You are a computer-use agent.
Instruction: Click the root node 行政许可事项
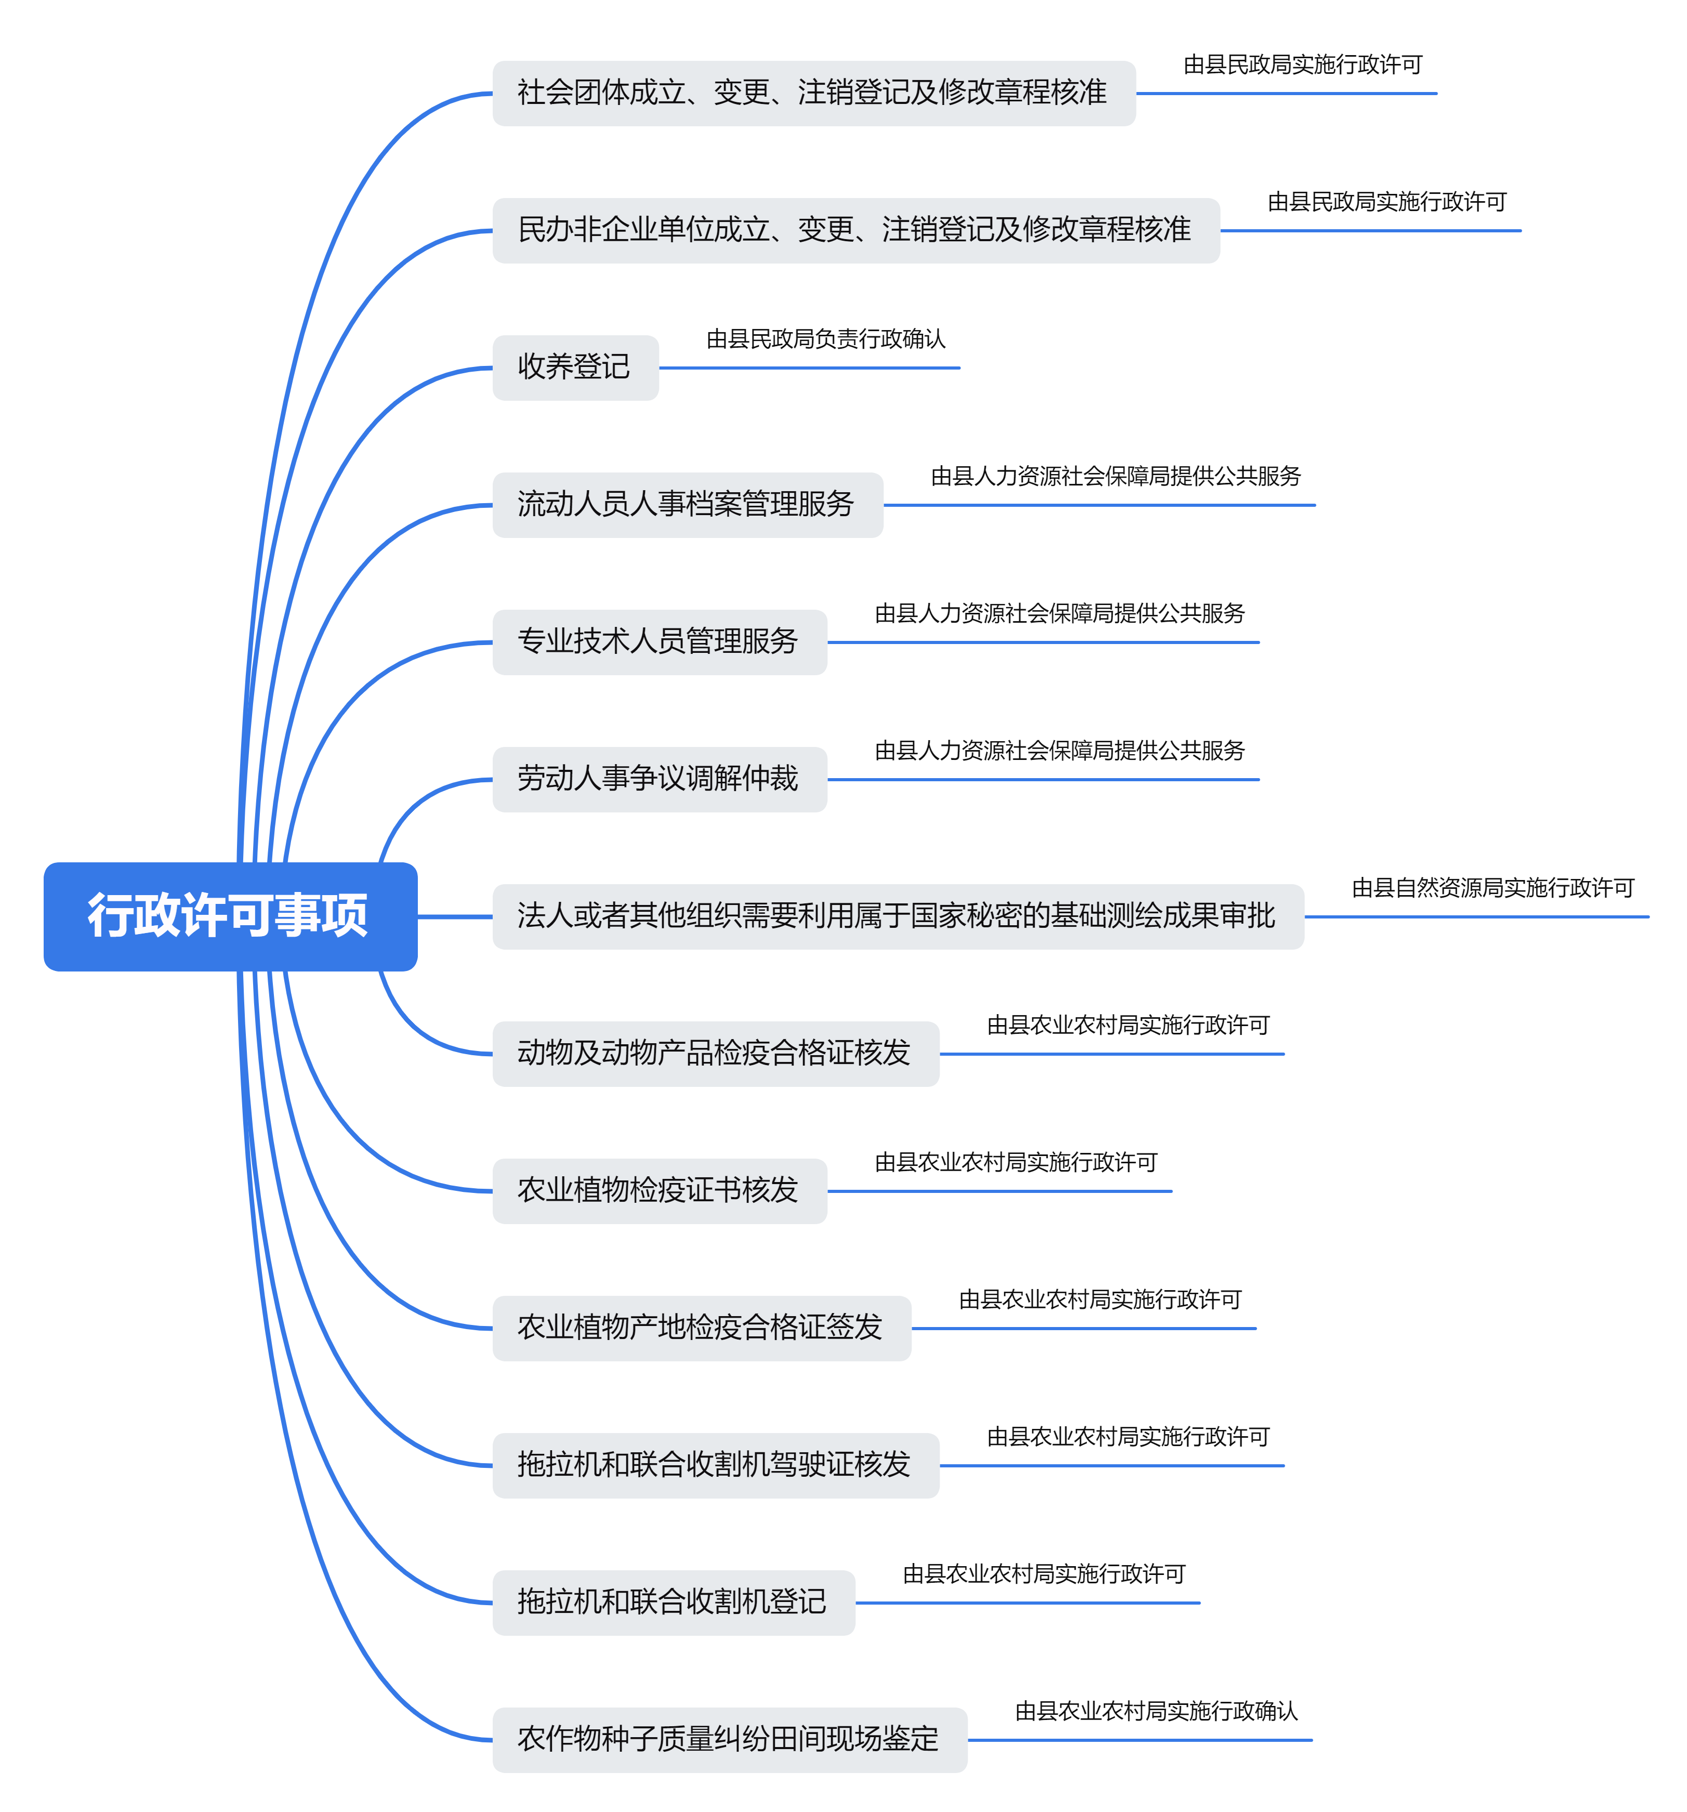point(230,915)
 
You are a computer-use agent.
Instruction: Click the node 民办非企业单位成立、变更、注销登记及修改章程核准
point(855,230)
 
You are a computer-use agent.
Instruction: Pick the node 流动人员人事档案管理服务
point(686,504)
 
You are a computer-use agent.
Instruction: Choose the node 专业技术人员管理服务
point(658,641)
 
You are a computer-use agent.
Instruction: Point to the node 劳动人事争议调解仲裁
point(658,779)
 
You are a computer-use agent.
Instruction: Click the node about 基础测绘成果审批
point(897,915)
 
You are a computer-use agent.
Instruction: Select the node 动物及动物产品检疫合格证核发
point(715,1053)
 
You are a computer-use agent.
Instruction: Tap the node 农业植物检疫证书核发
point(658,1189)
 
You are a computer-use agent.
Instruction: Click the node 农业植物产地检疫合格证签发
point(700,1327)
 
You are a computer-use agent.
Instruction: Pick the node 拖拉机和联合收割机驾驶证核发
point(715,1464)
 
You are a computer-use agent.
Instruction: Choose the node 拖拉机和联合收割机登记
point(673,1601)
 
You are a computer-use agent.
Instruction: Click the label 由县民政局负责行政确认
point(826,339)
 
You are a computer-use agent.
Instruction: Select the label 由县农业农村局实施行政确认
point(1156,1711)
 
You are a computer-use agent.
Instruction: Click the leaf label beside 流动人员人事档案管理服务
point(1115,476)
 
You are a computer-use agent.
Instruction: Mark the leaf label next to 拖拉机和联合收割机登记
point(1044,1574)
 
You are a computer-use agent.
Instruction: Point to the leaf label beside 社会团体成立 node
point(1302,64)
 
